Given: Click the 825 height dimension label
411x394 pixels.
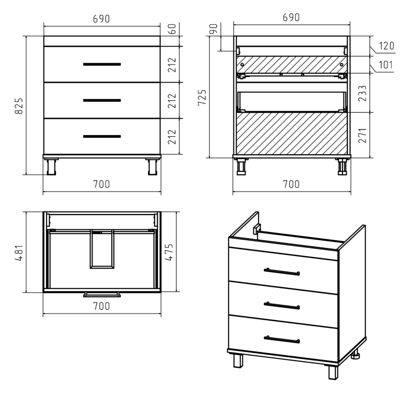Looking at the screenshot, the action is pyautogui.click(x=19, y=106).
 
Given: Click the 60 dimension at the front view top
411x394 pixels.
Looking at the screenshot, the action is pyautogui.click(x=172, y=29).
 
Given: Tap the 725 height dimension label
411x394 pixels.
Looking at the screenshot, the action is pyautogui.click(x=202, y=97).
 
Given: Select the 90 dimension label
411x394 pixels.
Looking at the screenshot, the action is pyautogui.click(x=214, y=29).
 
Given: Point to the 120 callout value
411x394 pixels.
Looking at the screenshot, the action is pyautogui.click(x=386, y=46).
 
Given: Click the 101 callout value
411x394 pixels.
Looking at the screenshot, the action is pyautogui.click(x=386, y=65).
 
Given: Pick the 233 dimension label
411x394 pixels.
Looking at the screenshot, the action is pyautogui.click(x=362, y=94).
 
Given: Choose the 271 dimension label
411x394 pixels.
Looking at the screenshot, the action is pyautogui.click(x=362, y=136).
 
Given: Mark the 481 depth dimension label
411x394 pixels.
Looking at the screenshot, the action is pyautogui.click(x=19, y=253).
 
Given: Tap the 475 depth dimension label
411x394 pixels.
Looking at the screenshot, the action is pyautogui.click(x=169, y=252).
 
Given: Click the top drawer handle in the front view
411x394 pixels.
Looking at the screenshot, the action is pyautogui.click(x=102, y=64).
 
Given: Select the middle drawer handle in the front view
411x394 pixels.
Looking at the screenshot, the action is pyautogui.click(x=102, y=100).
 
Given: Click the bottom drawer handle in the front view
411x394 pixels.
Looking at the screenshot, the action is pyautogui.click(x=102, y=136).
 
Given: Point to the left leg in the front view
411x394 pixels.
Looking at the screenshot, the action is pyautogui.click(x=52, y=166).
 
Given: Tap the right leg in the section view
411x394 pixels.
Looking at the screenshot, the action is pyautogui.click(x=342, y=166).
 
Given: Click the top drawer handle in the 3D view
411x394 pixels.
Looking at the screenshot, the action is pyautogui.click(x=282, y=272).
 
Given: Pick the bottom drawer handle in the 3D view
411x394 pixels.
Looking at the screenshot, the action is pyautogui.click(x=282, y=339).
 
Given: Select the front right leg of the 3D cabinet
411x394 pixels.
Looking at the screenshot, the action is pyautogui.click(x=333, y=372).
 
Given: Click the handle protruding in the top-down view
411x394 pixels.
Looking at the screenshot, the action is pyautogui.click(x=102, y=295).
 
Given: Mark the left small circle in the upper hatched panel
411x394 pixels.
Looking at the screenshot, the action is pyautogui.click(x=242, y=65).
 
